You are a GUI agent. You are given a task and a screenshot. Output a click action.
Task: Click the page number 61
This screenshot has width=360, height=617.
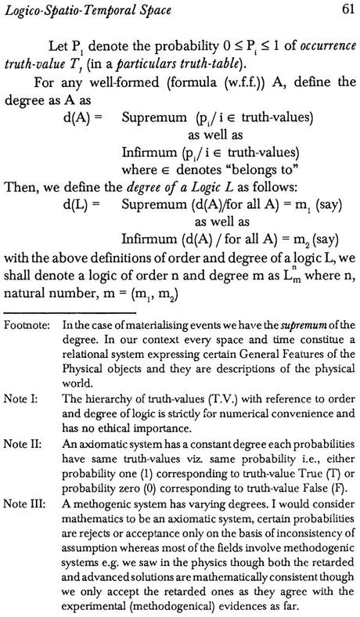345,9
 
